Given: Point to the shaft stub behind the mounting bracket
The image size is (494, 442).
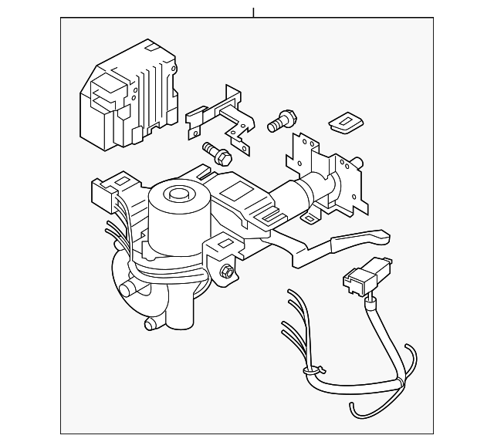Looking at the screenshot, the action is (358, 162).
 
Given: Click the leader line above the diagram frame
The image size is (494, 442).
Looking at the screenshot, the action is (253, 12).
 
